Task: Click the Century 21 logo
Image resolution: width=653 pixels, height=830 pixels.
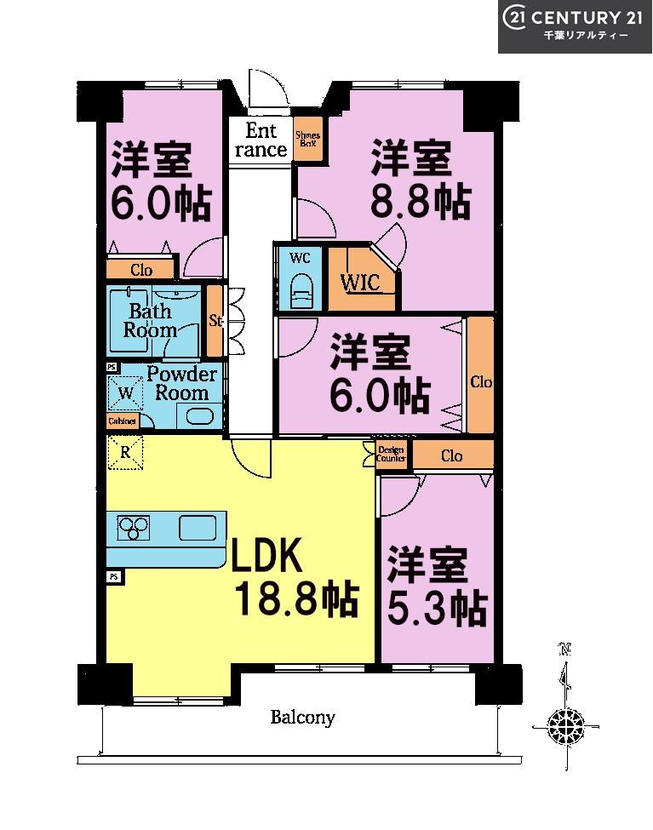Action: click(575, 26)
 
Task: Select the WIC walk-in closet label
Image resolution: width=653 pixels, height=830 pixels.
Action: click(360, 283)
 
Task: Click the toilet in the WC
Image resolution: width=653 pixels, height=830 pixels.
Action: click(301, 292)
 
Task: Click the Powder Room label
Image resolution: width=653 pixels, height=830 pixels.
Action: click(181, 383)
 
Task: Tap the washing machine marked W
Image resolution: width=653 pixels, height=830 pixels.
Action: click(125, 393)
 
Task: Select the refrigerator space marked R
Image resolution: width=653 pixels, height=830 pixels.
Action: click(125, 453)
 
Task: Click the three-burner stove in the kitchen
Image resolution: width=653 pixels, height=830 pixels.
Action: click(133, 529)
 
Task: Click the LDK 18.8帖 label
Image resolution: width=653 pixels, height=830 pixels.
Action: click(294, 579)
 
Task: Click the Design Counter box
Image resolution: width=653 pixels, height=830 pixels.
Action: click(392, 455)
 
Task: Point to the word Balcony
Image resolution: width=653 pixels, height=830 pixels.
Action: click(302, 718)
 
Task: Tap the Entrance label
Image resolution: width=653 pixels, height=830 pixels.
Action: click(261, 140)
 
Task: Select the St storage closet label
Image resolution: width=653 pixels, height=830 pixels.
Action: click(215, 321)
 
